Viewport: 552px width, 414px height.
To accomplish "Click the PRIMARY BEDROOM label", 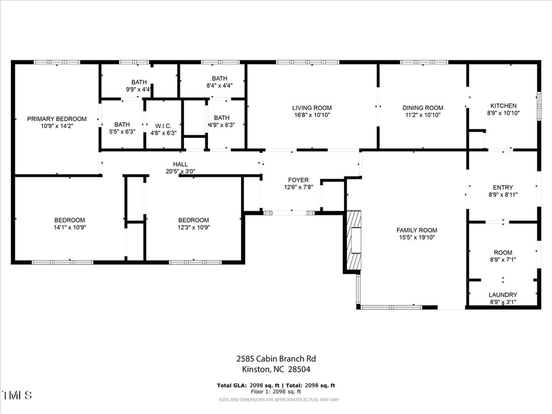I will tap(56, 119).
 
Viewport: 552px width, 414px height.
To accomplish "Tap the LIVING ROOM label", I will tap(312, 108).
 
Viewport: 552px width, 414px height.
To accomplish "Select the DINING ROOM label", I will tap(423, 108).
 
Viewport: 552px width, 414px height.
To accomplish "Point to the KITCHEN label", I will tap(503, 105).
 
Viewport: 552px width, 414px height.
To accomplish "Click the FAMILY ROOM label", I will tap(416, 231).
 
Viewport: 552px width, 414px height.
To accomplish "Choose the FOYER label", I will tap(298, 180).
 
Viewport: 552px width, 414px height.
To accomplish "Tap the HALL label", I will tap(180, 164).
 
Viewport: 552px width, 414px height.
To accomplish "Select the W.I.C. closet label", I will tap(163, 125).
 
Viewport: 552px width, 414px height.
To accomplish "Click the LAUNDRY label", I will tap(503, 295).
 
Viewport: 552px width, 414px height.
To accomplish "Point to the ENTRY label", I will tap(503, 188).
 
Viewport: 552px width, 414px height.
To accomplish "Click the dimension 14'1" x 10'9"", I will tap(69, 228).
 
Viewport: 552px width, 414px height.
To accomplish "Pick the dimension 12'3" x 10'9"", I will tap(193, 228).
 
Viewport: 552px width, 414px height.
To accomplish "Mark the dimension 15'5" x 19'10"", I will tap(416, 237).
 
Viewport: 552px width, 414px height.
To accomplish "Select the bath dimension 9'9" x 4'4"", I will tap(139, 89).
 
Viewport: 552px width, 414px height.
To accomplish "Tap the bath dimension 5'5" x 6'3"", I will tap(122, 131).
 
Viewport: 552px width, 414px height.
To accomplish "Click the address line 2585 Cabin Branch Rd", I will tap(276, 359).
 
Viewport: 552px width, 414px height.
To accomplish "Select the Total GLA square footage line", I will tap(276, 385).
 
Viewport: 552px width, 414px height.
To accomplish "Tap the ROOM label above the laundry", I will tap(503, 253).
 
